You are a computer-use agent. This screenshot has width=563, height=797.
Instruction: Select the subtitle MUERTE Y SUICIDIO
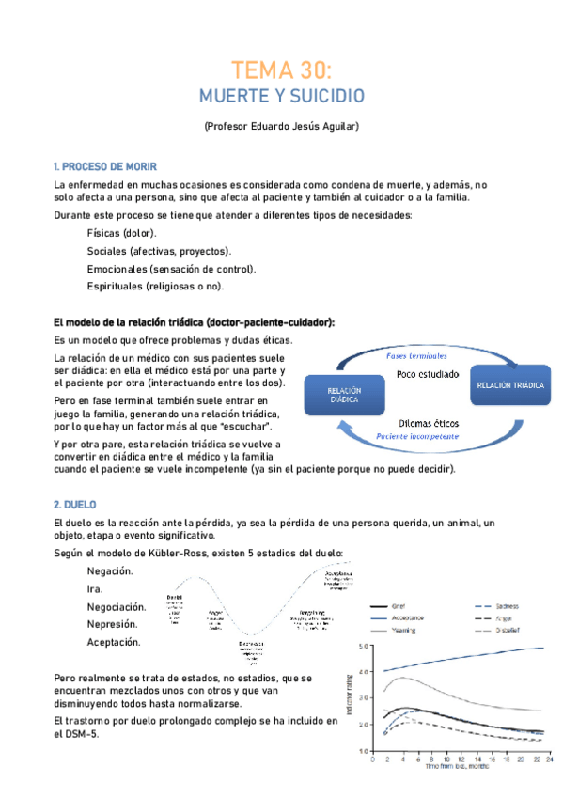click(x=281, y=96)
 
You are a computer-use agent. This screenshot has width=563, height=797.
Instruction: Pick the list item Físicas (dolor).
click(x=121, y=233)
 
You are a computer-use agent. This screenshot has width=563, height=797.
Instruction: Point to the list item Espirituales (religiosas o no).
click(x=155, y=286)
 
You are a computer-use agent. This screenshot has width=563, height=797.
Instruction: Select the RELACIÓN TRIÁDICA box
click(x=508, y=385)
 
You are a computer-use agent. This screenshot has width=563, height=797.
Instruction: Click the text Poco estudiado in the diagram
click(x=428, y=374)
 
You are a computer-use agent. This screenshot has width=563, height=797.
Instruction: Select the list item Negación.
click(x=110, y=570)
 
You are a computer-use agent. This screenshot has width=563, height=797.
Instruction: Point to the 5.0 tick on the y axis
click(x=367, y=647)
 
